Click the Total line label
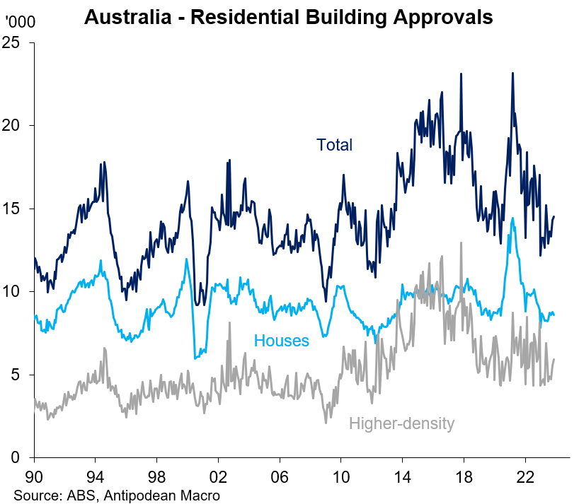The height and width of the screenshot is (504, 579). pyautogui.click(x=334, y=145)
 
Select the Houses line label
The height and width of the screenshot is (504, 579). pyautogui.click(x=282, y=341)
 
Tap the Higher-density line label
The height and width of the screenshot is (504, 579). pyautogui.click(x=401, y=423)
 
